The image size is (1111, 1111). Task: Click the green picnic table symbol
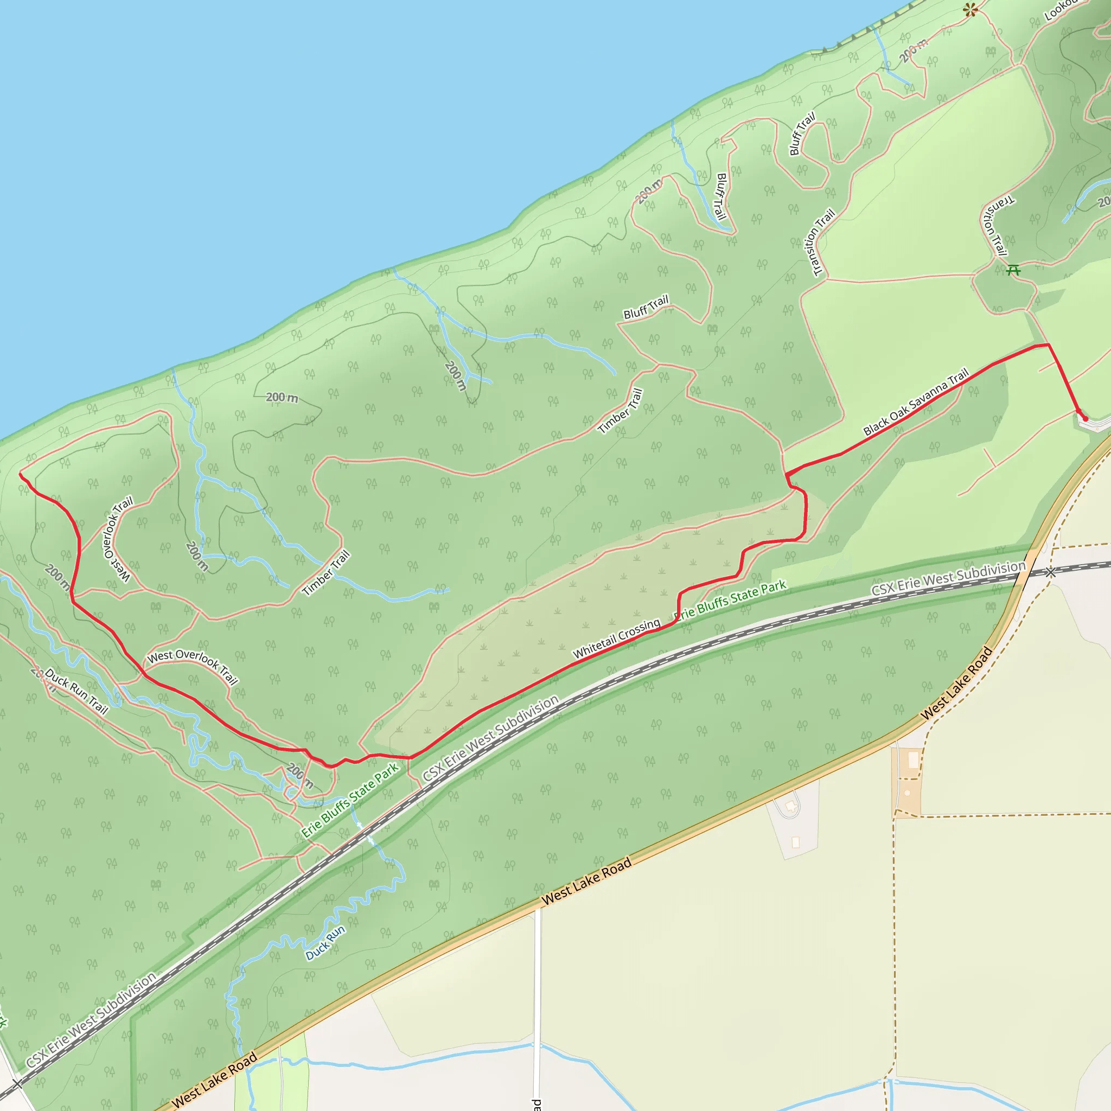1013,269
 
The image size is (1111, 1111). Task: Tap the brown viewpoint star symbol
971,9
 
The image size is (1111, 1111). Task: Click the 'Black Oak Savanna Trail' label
916,401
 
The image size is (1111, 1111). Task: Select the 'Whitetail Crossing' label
616,638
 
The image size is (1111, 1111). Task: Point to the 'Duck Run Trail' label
76,691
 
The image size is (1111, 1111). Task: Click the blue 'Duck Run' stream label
325,942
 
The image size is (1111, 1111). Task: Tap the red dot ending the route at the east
1085,419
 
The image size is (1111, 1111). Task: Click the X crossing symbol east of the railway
1051,572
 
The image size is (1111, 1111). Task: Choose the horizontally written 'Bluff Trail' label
646,307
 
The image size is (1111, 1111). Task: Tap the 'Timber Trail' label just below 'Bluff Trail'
621,411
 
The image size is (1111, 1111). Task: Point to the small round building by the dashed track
908,793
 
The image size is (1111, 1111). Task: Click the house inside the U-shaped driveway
791,806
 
